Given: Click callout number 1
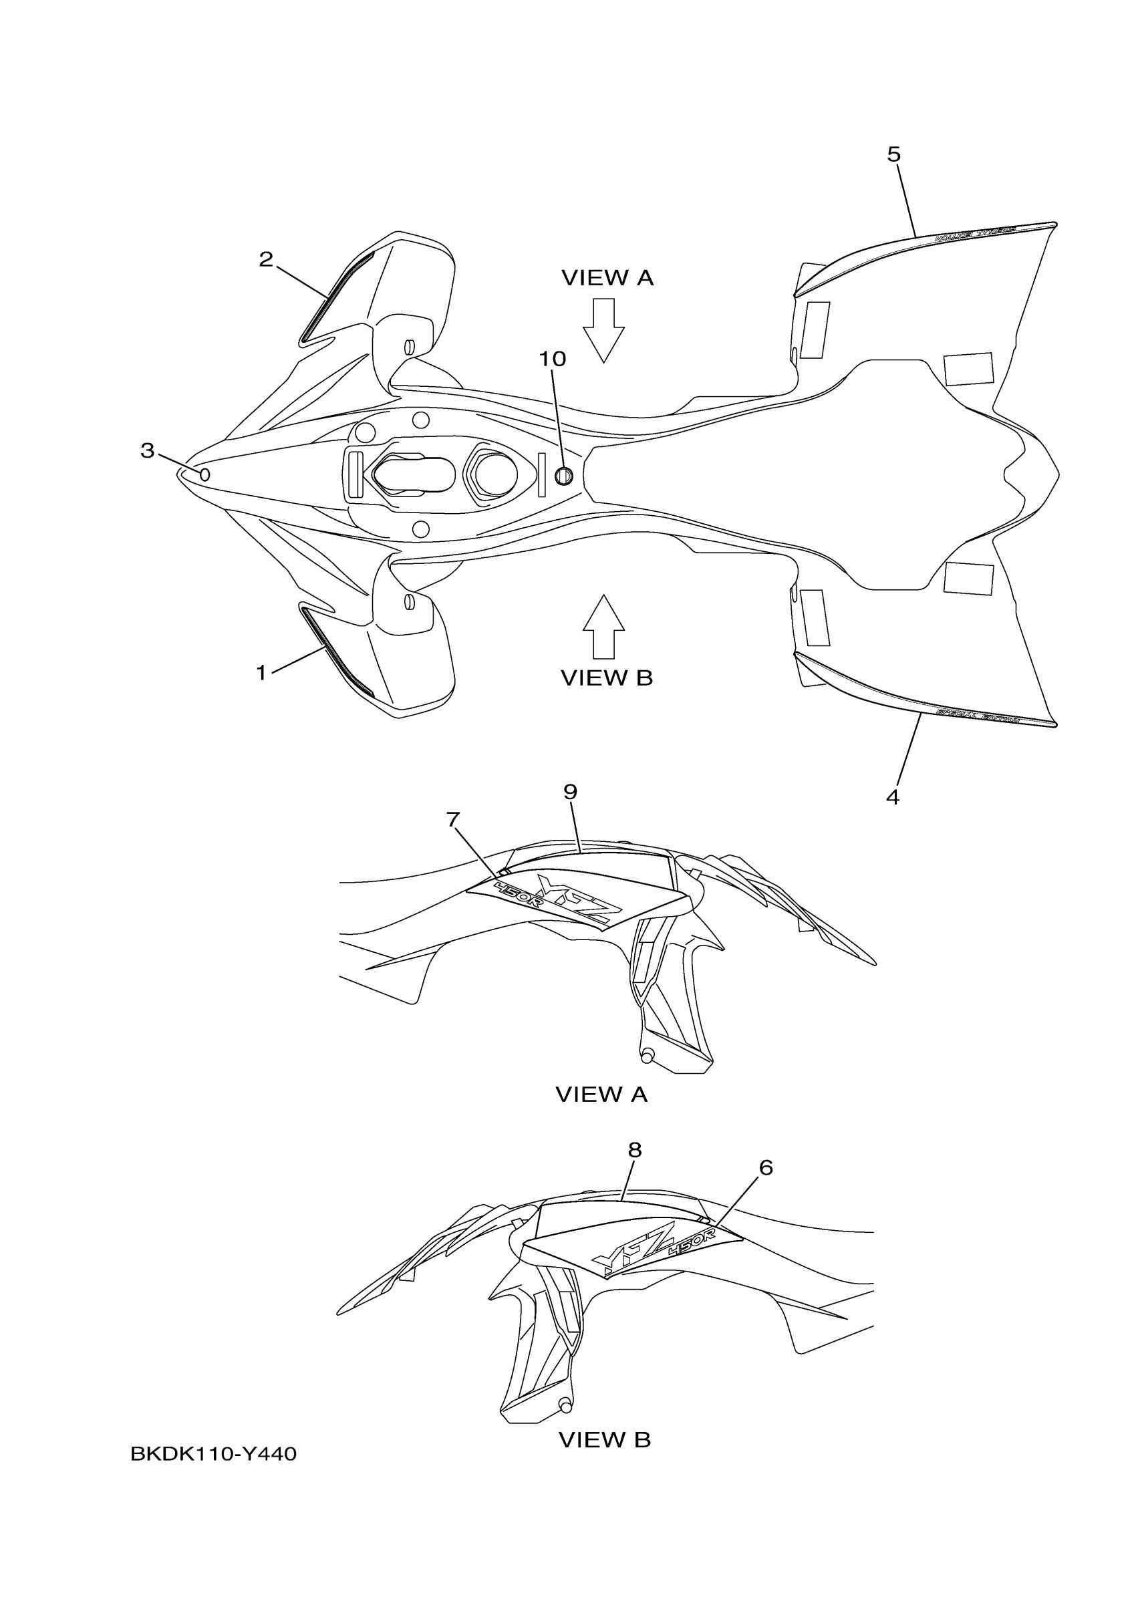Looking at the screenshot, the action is (261, 674).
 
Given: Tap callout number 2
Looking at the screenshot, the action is (266, 260).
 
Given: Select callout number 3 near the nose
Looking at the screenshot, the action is (147, 451).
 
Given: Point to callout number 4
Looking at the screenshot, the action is (892, 797).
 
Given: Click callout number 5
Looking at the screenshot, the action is (894, 154).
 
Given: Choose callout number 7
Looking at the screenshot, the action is (453, 819).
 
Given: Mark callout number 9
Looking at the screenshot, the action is (571, 792).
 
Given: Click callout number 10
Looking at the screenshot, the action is (551, 359).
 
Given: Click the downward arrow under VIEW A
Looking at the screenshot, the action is (603, 329).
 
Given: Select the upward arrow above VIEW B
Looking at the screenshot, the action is (603, 625).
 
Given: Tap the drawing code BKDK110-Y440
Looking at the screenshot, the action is (213, 1455).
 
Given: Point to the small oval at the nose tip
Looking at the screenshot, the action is (205, 475).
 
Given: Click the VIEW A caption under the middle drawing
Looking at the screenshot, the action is (601, 1094).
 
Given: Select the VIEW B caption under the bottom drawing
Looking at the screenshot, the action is (605, 1440).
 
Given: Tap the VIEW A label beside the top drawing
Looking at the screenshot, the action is (607, 279).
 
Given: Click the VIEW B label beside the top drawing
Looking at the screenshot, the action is (607, 678).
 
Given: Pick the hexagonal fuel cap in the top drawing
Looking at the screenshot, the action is (494, 474).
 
